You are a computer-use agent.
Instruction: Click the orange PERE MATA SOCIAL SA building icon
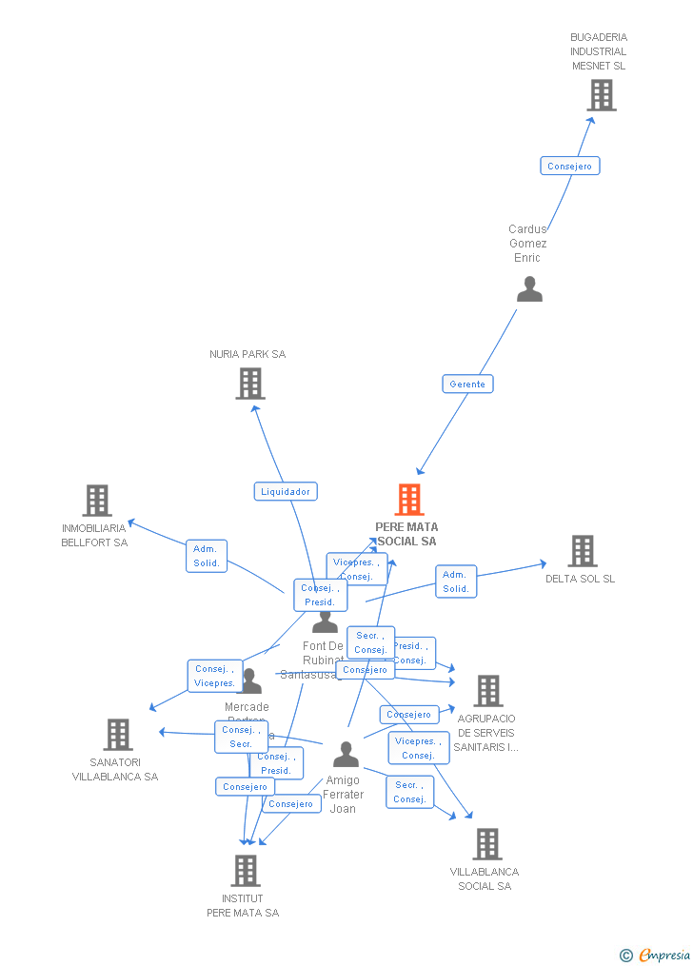[x=408, y=500]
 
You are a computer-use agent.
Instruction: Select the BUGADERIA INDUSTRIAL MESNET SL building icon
[x=601, y=95]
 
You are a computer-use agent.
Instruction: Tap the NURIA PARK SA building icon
[x=249, y=384]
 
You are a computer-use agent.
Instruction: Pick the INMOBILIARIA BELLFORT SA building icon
[x=97, y=501]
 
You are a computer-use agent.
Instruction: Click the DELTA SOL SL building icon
[x=582, y=551]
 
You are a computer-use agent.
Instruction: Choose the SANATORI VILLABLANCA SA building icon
[x=117, y=735]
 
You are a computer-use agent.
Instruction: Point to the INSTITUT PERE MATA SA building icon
[x=245, y=870]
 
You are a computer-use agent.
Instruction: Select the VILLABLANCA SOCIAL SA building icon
[x=486, y=844]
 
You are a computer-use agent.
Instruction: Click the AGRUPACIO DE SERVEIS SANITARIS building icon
[x=487, y=691]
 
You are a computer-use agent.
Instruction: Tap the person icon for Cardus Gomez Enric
[x=529, y=289]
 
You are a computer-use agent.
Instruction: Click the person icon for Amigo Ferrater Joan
[x=346, y=755]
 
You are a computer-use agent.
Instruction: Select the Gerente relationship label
[x=467, y=384]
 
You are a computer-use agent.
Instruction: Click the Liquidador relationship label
[x=286, y=492]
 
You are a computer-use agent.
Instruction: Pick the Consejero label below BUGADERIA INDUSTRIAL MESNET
[x=570, y=166]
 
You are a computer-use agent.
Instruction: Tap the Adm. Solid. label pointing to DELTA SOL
[x=456, y=582]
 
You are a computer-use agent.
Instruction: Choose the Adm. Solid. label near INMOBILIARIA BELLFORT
[x=207, y=556]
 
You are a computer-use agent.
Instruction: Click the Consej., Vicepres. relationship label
[x=215, y=676]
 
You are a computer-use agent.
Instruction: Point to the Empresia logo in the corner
[x=656, y=955]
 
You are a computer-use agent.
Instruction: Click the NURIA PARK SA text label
[x=247, y=354]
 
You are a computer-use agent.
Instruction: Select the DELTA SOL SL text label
[x=580, y=579]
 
